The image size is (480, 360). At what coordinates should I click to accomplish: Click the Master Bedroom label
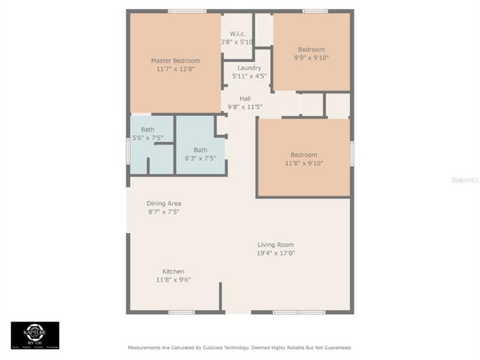click(175, 60)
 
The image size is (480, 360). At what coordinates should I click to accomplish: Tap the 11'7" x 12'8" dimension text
click(175, 69)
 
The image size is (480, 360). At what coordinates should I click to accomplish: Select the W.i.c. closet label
click(237, 34)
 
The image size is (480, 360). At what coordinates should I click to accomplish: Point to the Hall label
click(245, 98)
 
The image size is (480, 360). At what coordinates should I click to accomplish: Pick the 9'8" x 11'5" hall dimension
click(245, 107)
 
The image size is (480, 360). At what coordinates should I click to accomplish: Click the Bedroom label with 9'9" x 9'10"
click(311, 49)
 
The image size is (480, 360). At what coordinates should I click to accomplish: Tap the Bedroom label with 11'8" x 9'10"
click(304, 155)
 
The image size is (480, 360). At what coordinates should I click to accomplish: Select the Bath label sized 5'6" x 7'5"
click(148, 130)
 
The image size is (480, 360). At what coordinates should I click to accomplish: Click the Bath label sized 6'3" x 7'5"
click(200, 150)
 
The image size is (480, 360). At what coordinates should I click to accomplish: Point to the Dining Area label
click(164, 204)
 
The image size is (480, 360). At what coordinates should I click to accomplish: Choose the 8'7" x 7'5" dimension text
click(164, 212)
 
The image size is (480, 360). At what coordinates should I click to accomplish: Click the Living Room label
click(275, 245)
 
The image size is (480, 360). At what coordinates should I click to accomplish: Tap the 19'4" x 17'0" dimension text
click(275, 254)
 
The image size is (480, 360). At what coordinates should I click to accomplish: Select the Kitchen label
click(174, 271)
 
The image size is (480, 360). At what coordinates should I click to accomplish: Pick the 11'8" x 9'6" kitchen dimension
click(174, 280)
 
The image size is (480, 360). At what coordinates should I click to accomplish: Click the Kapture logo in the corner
click(35, 334)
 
